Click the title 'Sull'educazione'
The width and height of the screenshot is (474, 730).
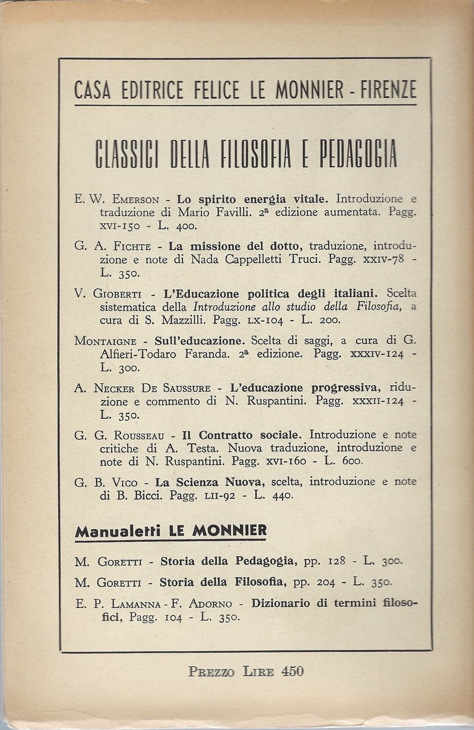coord(201,340)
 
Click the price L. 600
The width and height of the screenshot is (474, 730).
coord(345,460)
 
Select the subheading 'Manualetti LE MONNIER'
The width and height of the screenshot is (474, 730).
coord(171,532)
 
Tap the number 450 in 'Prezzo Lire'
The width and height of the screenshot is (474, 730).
coord(292,671)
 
